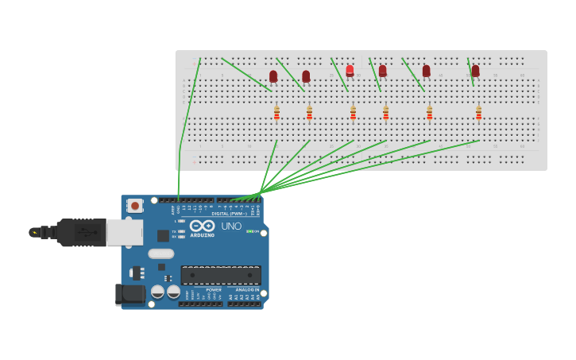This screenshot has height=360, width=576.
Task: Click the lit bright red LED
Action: (x=350, y=70)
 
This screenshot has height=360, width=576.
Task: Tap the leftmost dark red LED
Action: (x=273, y=76)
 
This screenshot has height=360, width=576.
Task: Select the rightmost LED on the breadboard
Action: (x=475, y=71)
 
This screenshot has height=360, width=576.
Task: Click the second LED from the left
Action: (x=306, y=76)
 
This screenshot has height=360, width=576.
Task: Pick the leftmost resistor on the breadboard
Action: (x=276, y=113)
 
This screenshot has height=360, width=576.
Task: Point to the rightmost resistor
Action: (x=478, y=113)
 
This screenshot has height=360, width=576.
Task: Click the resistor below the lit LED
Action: (x=353, y=113)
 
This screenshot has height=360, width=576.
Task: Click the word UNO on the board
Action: (x=231, y=226)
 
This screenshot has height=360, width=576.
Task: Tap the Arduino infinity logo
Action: (x=202, y=226)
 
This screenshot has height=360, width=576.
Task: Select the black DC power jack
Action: (x=130, y=295)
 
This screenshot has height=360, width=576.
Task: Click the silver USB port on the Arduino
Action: (x=124, y=232)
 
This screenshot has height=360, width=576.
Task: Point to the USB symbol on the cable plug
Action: (x=90, y=233)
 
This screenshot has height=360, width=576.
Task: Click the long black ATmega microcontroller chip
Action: (x=220, y=275)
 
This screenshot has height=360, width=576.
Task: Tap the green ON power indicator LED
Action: (x=249, y=231)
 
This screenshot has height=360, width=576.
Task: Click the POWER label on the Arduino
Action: (x=214, y=290)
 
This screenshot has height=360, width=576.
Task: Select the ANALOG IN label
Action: (x=247, y=290)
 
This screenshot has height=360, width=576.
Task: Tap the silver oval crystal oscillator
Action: (x=160, y=254)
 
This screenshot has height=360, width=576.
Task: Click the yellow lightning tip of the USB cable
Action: (x=34, y=233)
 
